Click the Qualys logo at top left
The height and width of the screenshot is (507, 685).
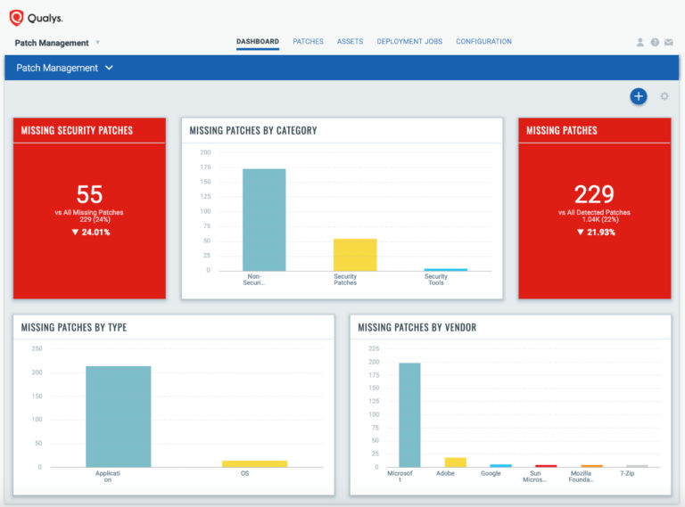(36, 18)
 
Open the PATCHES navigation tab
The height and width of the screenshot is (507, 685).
(308, 42)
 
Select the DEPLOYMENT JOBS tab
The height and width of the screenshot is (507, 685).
(410, 42)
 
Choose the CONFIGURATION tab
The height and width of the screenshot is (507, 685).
(483, 42)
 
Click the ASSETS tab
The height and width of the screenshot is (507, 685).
(350, 42)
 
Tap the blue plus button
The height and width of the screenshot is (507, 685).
(638, 96)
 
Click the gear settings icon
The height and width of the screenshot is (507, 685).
(664, 96)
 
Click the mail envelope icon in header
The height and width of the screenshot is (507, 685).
(669, 43)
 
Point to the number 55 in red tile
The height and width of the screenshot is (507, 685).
(89, 194)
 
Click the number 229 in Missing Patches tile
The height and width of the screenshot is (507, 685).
(594, 194)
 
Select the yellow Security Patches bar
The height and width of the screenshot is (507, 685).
(355, 255)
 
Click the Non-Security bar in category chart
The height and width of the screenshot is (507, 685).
(264, 220)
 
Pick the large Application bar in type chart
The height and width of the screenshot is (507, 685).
(118, 416)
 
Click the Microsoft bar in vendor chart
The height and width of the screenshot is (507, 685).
(409, 414)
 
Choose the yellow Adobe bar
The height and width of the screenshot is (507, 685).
(455, 462)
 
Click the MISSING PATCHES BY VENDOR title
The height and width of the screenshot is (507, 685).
(417, 327)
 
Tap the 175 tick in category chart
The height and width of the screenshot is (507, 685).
(205, 167)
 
